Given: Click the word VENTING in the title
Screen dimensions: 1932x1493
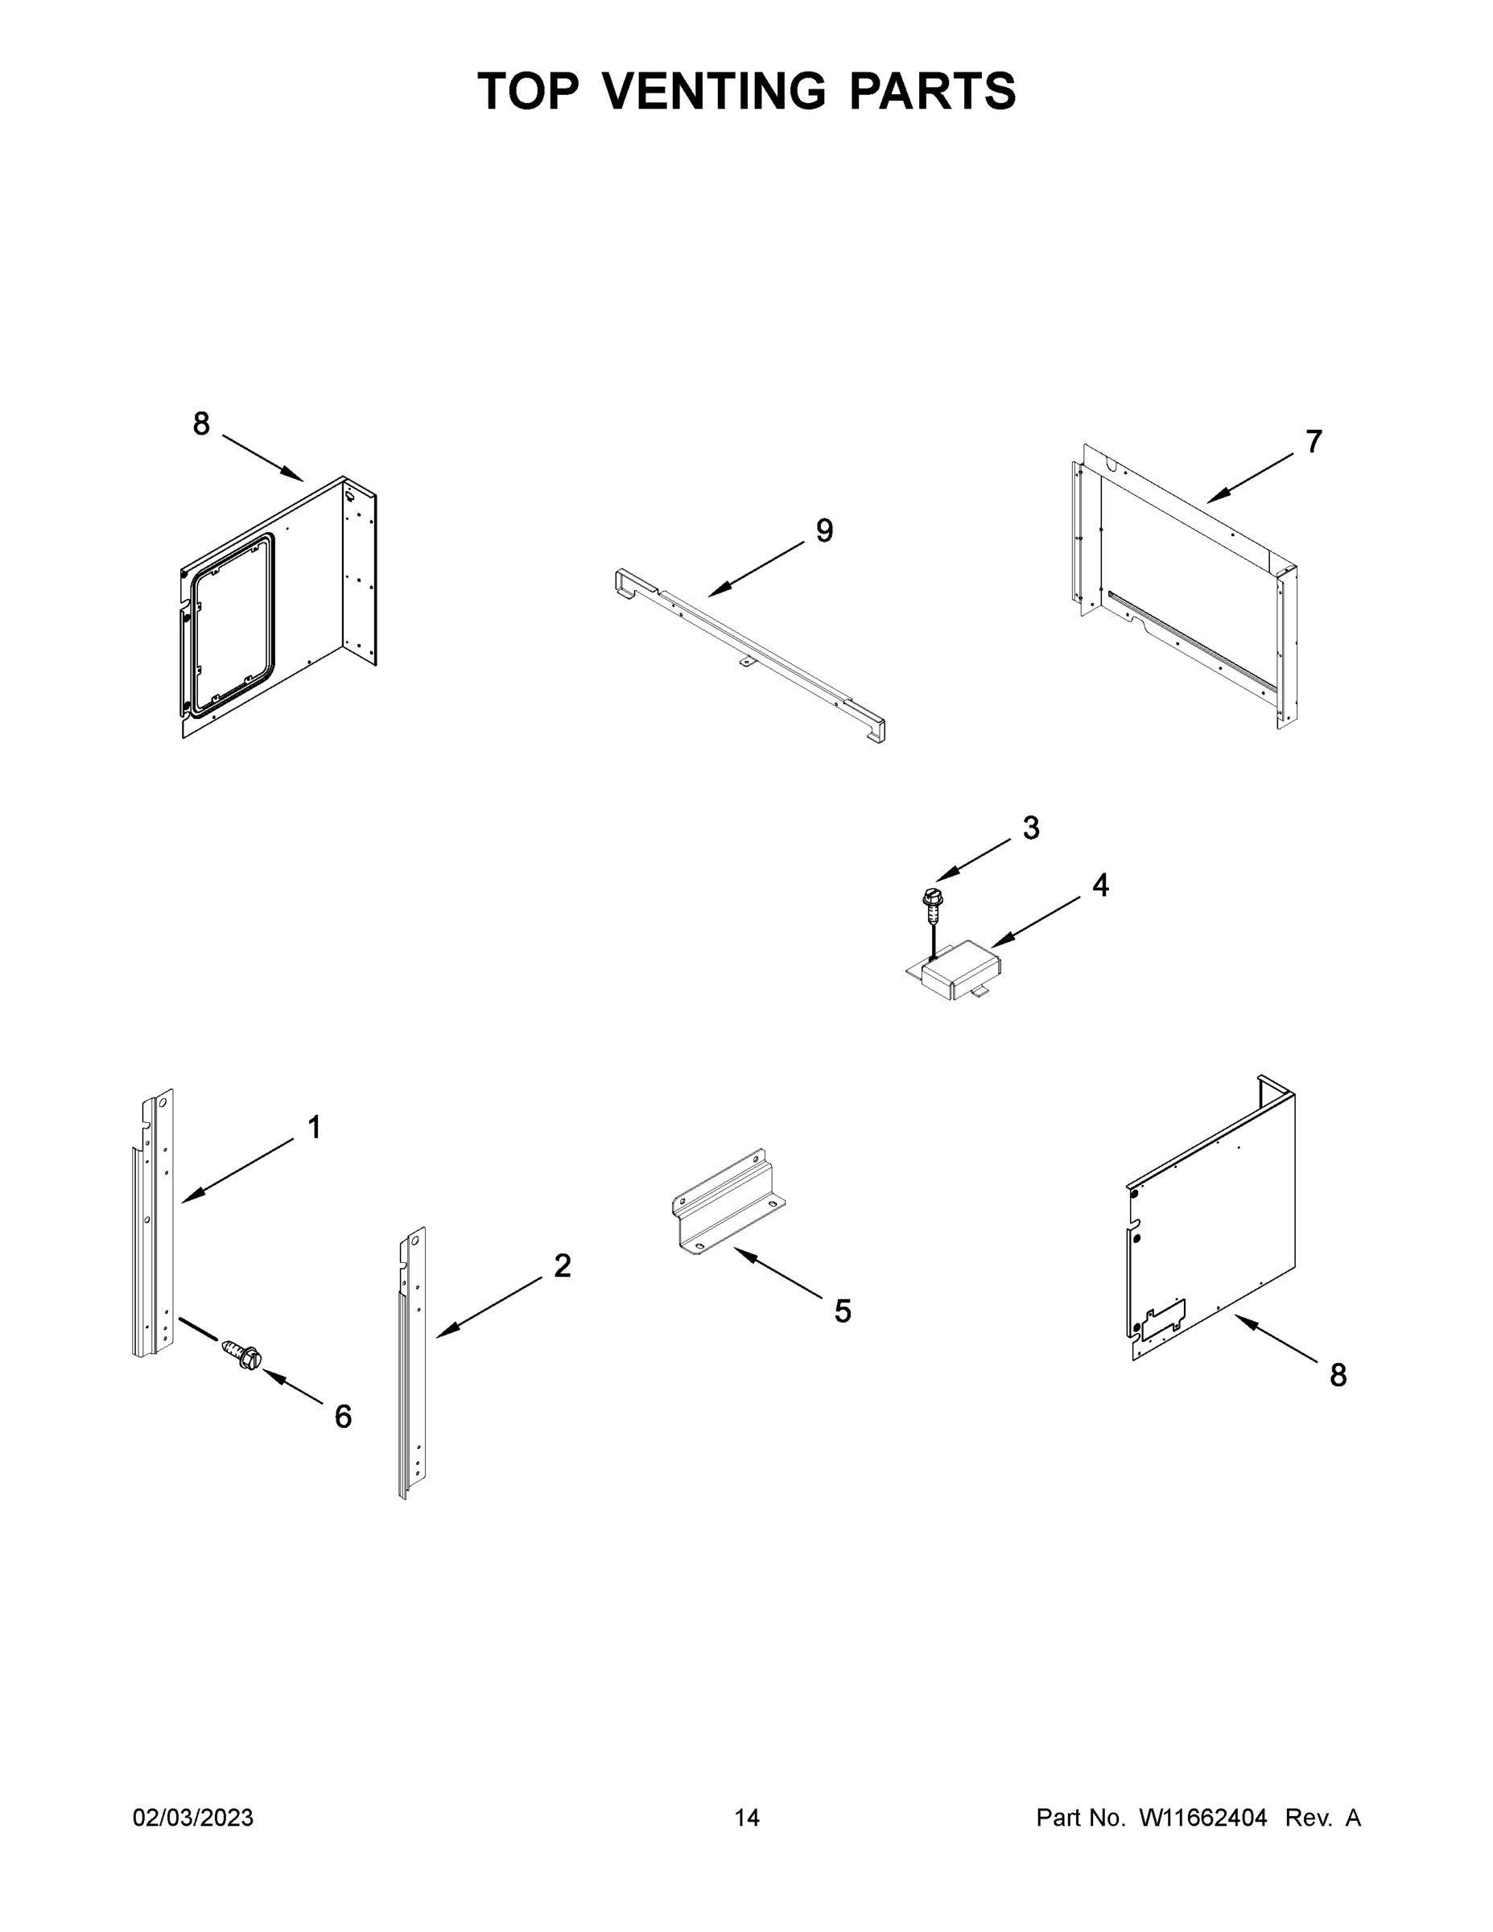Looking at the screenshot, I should (x=716, y=91).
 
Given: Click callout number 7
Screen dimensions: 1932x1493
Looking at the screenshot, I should (x=1314, y=440).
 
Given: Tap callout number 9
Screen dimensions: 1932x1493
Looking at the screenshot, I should (x=823, y=530).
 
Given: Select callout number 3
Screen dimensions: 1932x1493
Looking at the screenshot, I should (x=1030, y=828).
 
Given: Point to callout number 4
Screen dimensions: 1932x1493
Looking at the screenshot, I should (x=1099, y=885).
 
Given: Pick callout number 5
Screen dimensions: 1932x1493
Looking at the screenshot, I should (x=842, y=1311).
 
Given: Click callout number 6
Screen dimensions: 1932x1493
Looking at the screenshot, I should (x=343, y=1416).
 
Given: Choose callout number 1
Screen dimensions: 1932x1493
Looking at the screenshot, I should (x=314, y=1127).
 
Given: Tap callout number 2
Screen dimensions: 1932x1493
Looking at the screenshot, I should (x=563, y=1266).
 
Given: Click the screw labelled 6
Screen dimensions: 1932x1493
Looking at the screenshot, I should (x=243, y=1356).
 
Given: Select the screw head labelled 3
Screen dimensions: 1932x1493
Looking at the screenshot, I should (x=932, y=898).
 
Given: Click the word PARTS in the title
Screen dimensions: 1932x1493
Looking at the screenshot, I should (x=932, y=91).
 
